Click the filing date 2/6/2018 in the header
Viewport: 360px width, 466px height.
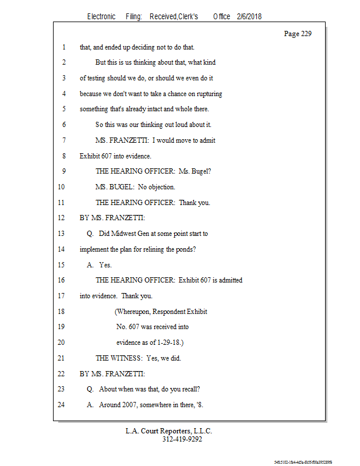tap(249, 16)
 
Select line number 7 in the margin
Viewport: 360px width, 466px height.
tap(63, 140)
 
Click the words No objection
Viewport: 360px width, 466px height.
tap(157, 187)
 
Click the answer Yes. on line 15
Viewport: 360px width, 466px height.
tap(105, 265)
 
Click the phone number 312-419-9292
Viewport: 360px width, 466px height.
tap(182, 440)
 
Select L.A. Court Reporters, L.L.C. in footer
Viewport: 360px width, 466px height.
tap(169, 432)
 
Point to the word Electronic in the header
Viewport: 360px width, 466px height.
tap(101, 16)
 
